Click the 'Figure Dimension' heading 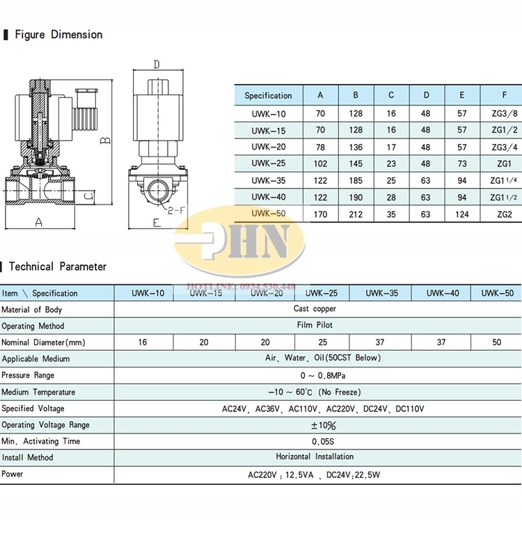pos(58,35)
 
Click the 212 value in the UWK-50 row pos(356,214)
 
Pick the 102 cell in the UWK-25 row pos(320,163)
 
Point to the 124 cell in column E pos(462,214)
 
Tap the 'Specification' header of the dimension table pos(268,96)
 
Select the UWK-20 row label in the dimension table pos(269,147)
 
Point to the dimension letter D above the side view pos(157,65)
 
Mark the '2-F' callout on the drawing pos(177,209)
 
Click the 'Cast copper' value pos(315,309)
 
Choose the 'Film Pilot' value pos(315,326)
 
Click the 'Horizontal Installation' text pos(315,457)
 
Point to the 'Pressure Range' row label pos(28,375)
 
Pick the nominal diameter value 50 pos(496,342)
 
